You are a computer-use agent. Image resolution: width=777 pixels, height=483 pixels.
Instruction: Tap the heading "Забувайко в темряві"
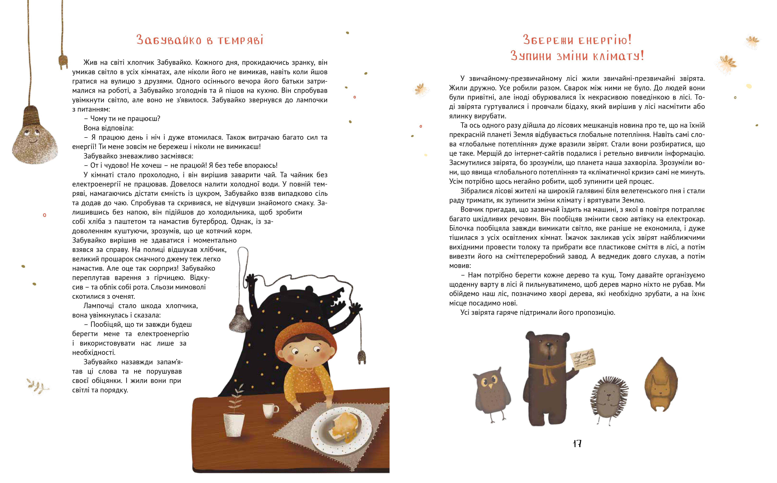[x=200, y=40]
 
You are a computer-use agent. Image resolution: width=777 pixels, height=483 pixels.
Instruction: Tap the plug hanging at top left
[x=63, y=61]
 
